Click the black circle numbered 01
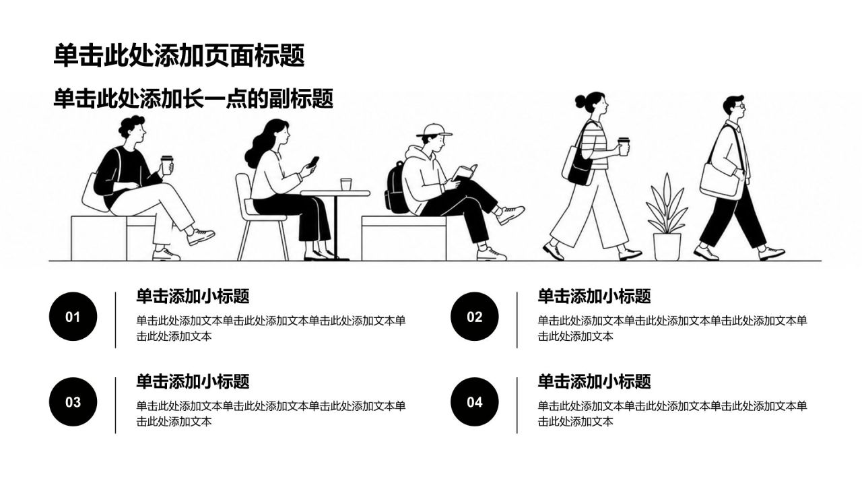point(73,317)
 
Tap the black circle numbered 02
point(475,317)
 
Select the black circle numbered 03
point(73,402)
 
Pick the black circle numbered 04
point(475,402)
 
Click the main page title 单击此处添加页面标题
point(179,56)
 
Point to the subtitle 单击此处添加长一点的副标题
point(193,98)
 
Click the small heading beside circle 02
point(594,296)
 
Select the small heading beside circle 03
point(193,381)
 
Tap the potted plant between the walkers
point(667,218)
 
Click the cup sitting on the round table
point(346,184)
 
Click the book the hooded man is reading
point(465,172)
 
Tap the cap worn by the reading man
point(434,130)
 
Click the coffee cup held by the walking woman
point(624,146)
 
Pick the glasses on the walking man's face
point(741,106)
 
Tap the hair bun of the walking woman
point(581,101)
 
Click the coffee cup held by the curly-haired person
point(167,166)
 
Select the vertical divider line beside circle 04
point(517,406)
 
